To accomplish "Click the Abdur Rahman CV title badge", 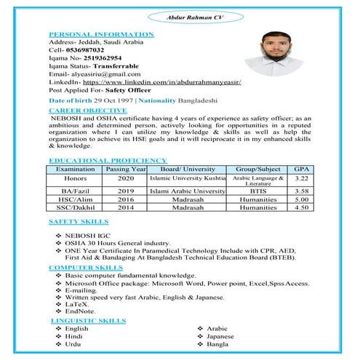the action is pyautogui.click(x=179, y=15).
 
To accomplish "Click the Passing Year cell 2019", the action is pyautogui.click(x=126, y=191).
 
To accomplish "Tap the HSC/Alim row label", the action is pyautogui.click(x=75, y=199).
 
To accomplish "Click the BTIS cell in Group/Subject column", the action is pyautogui.click(x=258, y=191).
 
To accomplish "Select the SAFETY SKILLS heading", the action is pyautogui.click(x=79, y=220).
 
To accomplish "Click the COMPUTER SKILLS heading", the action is pyautogui.click(x=85, y=268).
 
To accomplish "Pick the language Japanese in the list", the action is pyautogui.click(x=220, y=337).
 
